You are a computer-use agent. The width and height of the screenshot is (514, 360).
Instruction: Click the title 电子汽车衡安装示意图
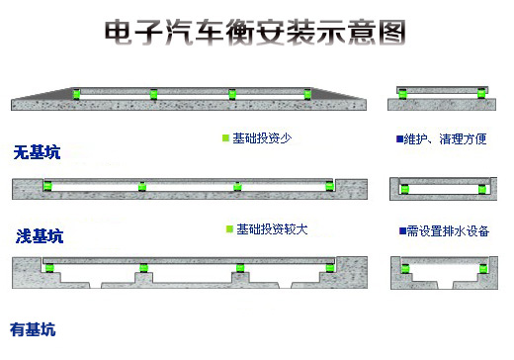255,33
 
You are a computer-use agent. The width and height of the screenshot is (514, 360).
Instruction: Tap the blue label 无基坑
37,152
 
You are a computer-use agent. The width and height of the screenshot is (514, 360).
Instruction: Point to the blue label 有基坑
33,329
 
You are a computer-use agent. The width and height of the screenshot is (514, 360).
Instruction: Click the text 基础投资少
262,138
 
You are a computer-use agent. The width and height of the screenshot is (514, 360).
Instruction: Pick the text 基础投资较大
271,229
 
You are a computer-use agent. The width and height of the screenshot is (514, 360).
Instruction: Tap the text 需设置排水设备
446,230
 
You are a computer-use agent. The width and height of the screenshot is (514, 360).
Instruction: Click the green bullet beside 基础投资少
226,138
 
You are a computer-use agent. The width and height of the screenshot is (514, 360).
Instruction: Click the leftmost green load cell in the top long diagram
74,94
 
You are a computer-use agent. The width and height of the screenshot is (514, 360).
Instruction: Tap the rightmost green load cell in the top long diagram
308,94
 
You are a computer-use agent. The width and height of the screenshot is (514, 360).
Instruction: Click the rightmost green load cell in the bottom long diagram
330,266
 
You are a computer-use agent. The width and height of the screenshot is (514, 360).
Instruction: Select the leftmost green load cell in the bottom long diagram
47,266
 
